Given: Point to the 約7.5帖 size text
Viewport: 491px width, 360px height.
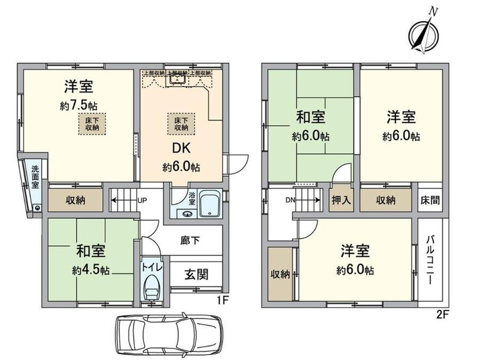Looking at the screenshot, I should click(79, 106).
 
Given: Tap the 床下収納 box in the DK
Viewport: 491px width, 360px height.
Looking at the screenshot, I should click(181, 124).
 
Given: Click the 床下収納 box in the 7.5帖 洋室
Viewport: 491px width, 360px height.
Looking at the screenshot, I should click(92, 123).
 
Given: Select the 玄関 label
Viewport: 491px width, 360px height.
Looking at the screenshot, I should click(196, 275).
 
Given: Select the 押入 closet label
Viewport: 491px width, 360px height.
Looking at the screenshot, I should click(341, 201).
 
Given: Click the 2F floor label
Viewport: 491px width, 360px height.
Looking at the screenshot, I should click(442, 314).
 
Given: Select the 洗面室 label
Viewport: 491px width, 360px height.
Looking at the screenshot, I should click(35, 177).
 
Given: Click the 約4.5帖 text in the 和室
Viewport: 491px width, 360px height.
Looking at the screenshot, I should click(91, 270).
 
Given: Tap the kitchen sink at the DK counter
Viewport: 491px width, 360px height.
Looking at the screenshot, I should click(177, 79).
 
